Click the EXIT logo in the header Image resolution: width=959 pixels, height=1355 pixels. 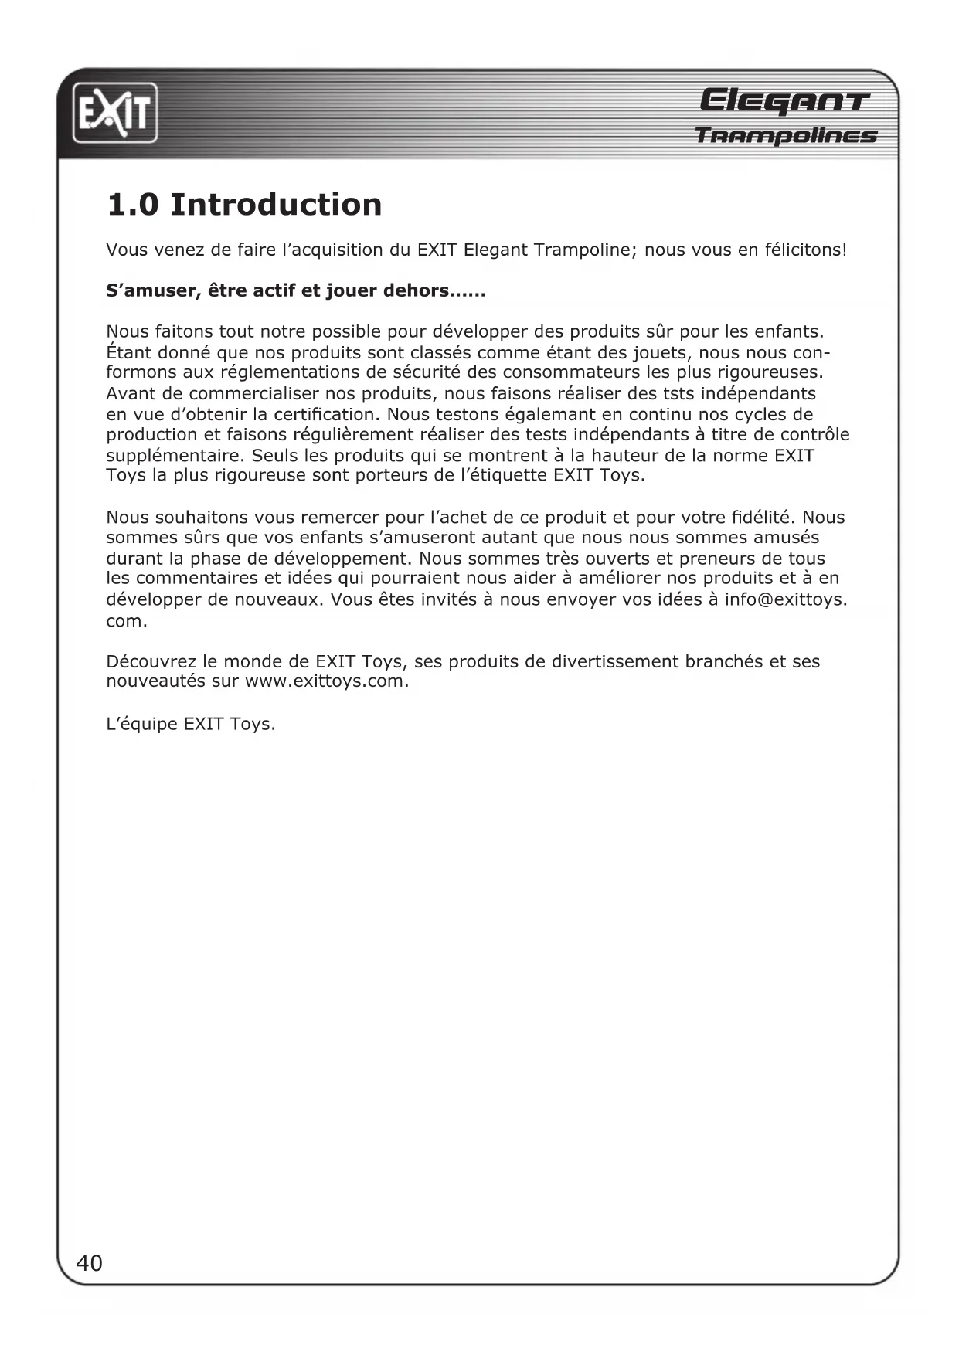pyautogui.click(x=115, y=113)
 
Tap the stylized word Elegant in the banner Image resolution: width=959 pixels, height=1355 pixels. pyautogui.click(x=784, y=102)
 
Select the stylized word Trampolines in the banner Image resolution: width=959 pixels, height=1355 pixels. pyautogui.click(x=786, y=137)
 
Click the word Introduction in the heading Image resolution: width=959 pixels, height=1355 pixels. pyautogui.click(x=276, y=205)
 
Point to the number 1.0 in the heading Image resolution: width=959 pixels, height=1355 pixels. pyautogui.click(x=132, y=205)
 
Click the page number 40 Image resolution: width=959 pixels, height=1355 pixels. pyautogui.click(x=89, y=1263)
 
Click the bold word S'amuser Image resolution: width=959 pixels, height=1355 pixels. pyautogui.click(x=146, y=291)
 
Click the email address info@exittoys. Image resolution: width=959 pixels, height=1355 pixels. pyautogui.click(x=785, y=599)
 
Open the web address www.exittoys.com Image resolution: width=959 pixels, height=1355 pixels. pyautogui.click(x=326, y=682)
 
